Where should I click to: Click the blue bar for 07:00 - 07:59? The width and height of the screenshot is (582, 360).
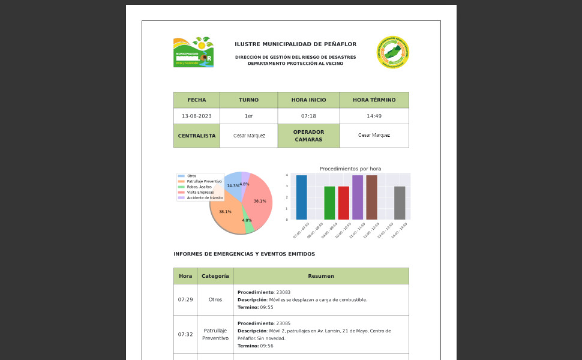tap(301, 197)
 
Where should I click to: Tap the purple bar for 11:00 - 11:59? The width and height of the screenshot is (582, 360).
tap(358, 197)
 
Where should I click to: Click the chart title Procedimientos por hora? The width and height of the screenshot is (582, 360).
tap(350, 169)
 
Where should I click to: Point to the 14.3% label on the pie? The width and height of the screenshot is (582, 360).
tap(233, 186)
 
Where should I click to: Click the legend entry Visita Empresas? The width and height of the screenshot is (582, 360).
tap(200, 192)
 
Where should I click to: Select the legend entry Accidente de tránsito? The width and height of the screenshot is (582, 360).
tap(205, 197)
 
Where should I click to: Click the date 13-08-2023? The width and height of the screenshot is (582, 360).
tap(196, 116)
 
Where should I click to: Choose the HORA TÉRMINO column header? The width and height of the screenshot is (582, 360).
tap(374, 100)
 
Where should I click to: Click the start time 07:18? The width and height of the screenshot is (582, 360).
tap(308, 116)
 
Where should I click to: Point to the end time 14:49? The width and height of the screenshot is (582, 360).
tap(374, 116)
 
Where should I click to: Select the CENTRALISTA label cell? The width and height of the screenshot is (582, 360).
tap(196, 136)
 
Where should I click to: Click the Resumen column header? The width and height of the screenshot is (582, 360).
tap(320, 276)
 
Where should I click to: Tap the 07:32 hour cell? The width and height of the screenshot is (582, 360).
tap(185, 334)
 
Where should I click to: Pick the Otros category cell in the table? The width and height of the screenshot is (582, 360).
tap(215, 299)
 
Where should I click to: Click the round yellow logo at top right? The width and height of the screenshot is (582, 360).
tap(393, 52)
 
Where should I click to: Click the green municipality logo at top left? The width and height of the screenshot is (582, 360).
tap(193, 52)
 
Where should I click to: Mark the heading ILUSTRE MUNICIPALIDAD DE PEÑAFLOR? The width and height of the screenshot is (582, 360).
tap(295, 44)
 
